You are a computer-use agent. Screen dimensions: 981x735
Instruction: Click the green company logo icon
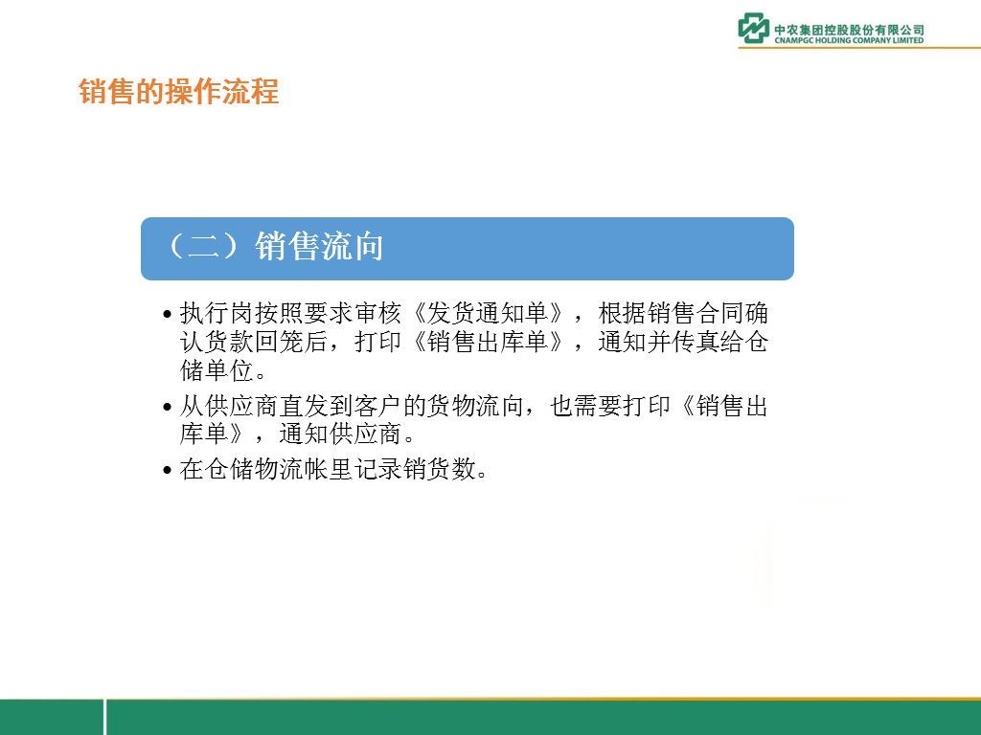pos(754,28)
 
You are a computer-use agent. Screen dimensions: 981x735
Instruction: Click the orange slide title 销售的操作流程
pos(179,91)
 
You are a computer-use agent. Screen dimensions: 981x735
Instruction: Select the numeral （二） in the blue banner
pos(203,246)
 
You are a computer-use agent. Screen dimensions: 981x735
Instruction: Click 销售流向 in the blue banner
pos(319,246)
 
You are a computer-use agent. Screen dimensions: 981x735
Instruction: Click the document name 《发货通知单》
pos(488,313)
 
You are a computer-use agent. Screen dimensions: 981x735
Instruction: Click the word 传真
pos(696,342)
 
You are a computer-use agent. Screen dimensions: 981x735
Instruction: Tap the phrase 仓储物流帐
pos(278,469)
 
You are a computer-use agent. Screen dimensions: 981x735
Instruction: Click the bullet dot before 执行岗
pos(167,314)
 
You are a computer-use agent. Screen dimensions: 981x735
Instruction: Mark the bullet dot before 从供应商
pos(167,408)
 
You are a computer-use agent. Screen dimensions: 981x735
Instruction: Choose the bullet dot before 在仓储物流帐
pos(167,470)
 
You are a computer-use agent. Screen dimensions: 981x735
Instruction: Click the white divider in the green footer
pos(105,717)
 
